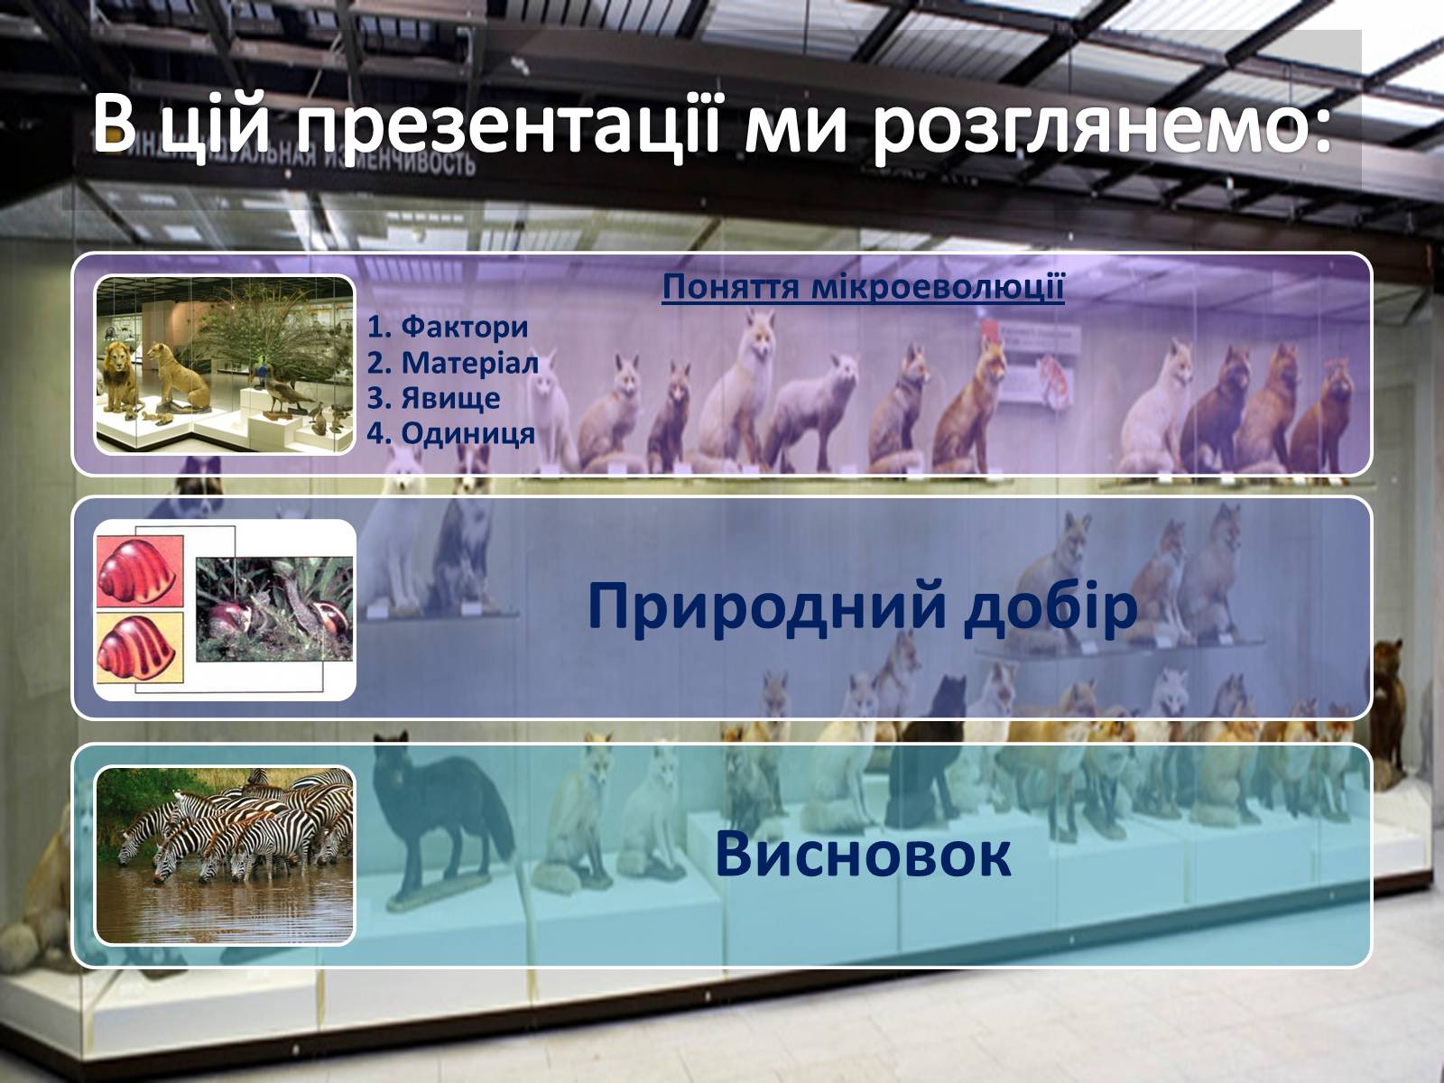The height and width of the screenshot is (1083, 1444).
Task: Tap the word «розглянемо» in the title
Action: tap(1101, 125)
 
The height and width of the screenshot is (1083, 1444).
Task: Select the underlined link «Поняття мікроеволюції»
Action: tap(863, 287)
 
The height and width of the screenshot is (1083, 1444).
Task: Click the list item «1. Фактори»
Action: tap(448, 327)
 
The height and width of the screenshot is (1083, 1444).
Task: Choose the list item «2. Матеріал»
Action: tap(453, 362)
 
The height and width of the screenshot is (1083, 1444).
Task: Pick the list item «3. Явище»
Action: tap(433, 398)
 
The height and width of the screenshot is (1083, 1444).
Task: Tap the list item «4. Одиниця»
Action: tap(450, 433)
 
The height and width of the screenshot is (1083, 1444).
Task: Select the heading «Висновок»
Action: tap(863, 854)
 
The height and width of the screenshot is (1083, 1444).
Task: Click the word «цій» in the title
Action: tap(212, 125)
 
